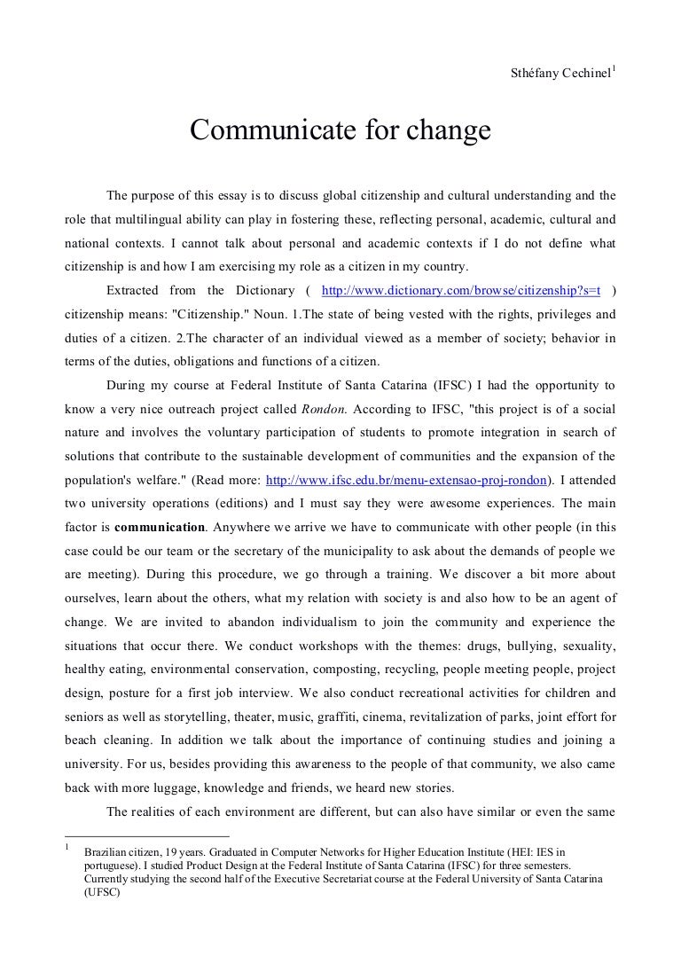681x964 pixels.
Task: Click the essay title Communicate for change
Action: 340,131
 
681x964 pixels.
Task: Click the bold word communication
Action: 160,529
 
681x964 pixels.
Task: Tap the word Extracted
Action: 133,290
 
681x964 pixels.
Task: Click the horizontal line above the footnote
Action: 147,835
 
